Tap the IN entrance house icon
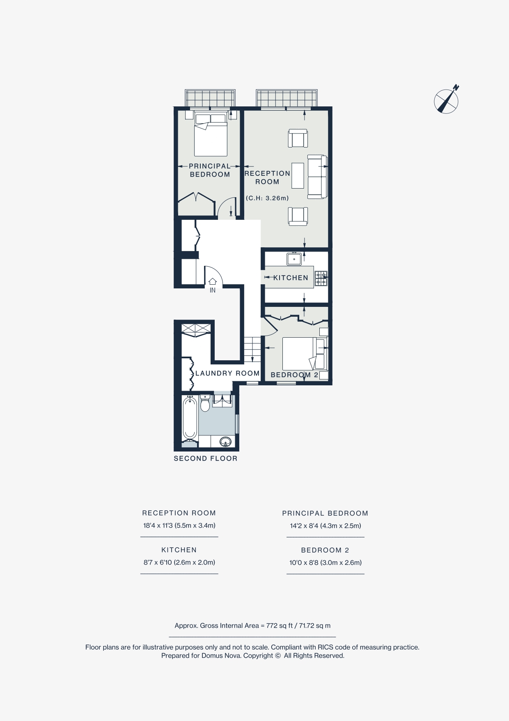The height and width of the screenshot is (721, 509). pos(213,282)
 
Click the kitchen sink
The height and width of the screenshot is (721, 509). pos(294,259)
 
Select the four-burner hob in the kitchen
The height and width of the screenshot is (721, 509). pos(321,279)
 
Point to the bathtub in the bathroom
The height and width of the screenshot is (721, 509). pos(189,418)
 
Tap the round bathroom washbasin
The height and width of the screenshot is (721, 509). pos(225,442)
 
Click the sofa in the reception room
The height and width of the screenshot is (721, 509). pos(317,176)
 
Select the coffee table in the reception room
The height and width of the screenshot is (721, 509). pos(298,176)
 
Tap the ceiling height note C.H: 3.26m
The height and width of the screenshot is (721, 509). pos(267,198)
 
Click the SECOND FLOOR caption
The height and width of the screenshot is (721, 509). pos(206,458)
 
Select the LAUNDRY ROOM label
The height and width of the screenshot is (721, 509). pos(227,373)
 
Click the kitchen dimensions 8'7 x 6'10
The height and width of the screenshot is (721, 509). pos(179,562)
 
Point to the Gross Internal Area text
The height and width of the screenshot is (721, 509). pos(252,626)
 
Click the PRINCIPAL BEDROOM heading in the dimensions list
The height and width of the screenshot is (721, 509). pos(325,513)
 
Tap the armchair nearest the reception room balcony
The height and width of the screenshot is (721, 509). pos(298,138)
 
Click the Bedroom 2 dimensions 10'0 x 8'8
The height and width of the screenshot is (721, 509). pos(326,563)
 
